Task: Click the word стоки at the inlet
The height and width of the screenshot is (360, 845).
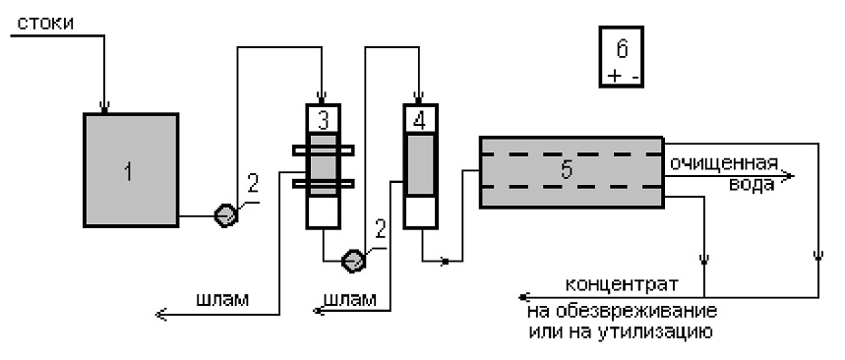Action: [46, 24]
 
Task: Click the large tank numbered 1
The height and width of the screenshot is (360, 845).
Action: [131, 170]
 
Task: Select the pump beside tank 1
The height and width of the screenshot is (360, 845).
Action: [226, 215]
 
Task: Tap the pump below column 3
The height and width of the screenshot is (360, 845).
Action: [353, 261]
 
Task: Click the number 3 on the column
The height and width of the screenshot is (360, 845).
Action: [323, 120]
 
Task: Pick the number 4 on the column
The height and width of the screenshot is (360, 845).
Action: [419, 120]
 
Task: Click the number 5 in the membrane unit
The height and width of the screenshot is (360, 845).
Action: [566, 170]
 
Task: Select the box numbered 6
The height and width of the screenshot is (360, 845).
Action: [622, 56]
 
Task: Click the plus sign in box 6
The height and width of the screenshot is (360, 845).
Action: [614, 76]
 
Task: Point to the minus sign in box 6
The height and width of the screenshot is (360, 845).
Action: [634, 77]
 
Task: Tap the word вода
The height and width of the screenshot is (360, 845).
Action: [752, 184]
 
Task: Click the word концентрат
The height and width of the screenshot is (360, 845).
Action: [622, 283]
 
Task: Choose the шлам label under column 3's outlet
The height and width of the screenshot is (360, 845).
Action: [223, 299]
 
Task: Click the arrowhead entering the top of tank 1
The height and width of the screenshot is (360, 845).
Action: [104, 106]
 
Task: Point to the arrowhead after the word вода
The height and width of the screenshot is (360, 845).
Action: [787, 176]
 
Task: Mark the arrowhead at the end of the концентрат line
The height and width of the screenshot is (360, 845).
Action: [523, 297]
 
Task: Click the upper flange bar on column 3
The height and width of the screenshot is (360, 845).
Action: [323, 150]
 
